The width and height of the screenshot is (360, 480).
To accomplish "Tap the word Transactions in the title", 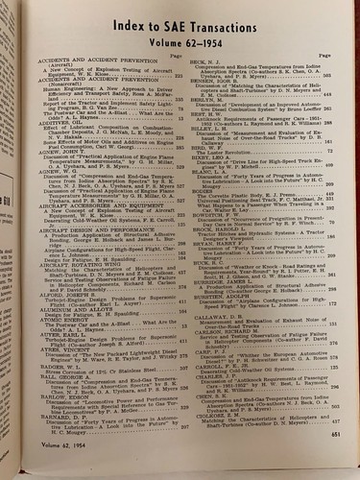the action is pyautogui.click(x=234, y=23).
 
